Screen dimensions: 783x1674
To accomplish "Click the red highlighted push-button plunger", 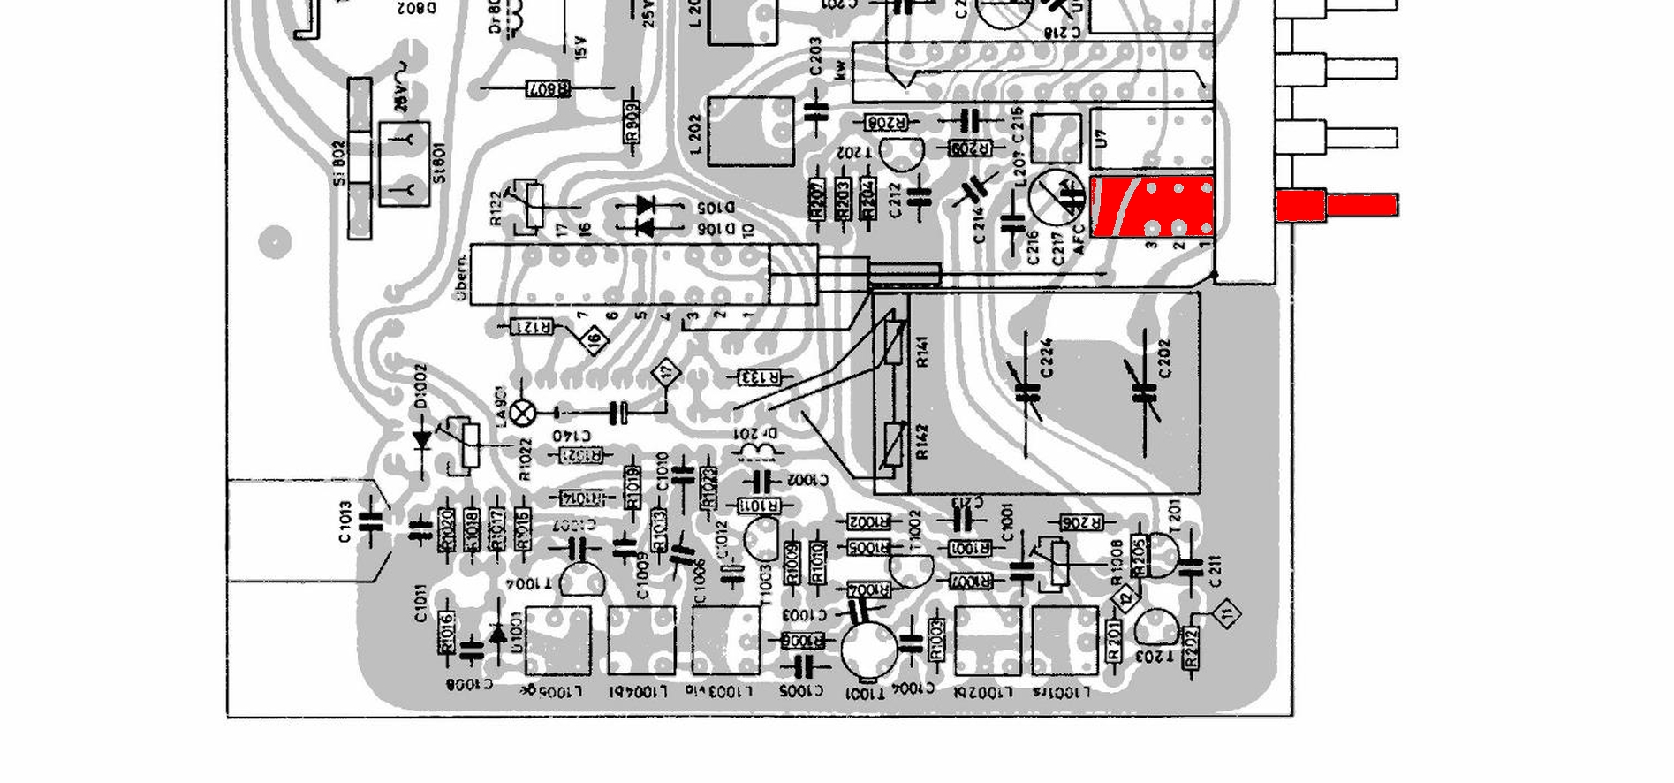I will click(x=1337, y=206).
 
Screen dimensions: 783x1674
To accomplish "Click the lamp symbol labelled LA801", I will click(x=524, y=412).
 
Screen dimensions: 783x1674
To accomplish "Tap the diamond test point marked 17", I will click(x=666, y=374).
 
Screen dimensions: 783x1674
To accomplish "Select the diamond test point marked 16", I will click(x=595, y=338).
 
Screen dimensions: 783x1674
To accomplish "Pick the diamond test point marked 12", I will click(x=1125, y=599).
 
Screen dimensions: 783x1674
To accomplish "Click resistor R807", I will click(x=549, y=88).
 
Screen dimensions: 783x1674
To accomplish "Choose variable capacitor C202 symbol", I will click(x=1145, y=391).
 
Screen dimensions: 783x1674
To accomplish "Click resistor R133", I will click(x=760, y=378).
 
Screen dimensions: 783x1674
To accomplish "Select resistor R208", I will click(x=886, y=122).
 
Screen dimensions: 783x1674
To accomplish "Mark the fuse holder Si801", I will click(x=404, y=164).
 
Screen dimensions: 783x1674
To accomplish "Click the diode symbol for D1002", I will click(x=422, y=437).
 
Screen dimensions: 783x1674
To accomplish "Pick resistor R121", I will click(x=533, y=327).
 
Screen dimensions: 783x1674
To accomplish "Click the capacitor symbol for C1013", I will click(x=373, y=521).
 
